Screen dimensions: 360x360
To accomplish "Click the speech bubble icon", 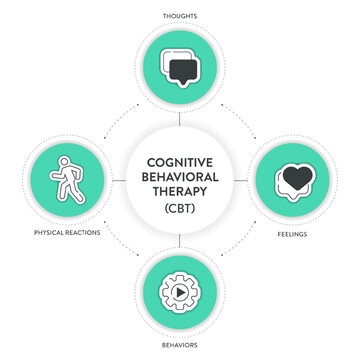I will (x=180, y=68).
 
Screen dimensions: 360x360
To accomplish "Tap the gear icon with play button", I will (x=180, y=295).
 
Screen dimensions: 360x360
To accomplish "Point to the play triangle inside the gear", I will (x=181, y=296).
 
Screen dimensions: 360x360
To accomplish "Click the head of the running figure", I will (x=66, y=160).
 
